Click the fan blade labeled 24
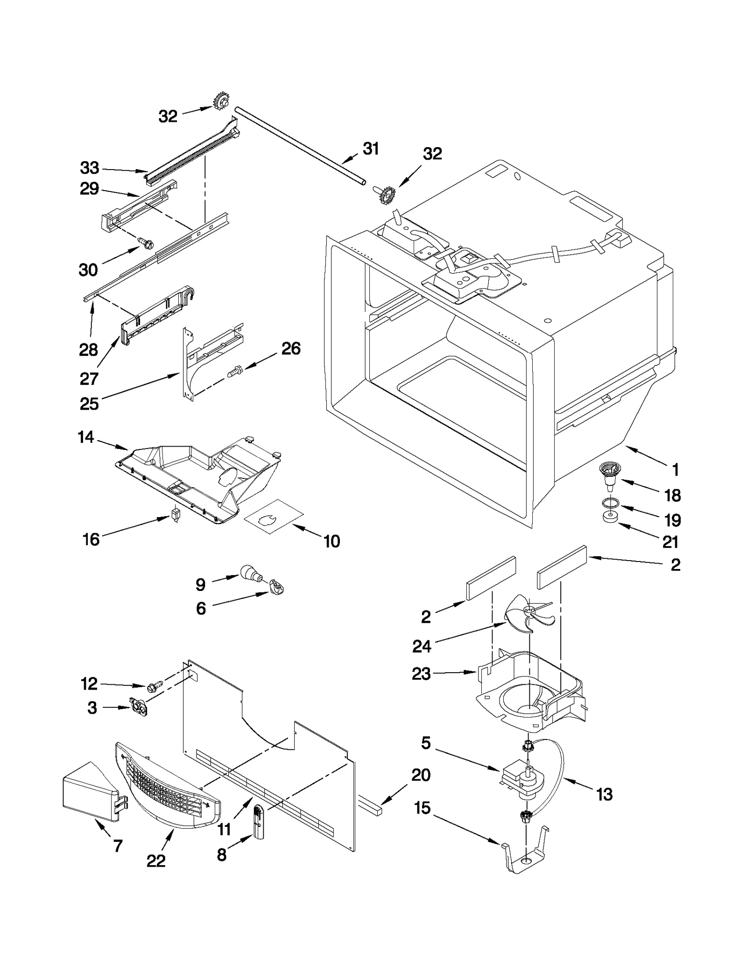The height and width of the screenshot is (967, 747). tap(530, 616)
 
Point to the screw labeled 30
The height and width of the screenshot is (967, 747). tap(146, 242)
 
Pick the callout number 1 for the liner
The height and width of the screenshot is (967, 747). tap(675, 469)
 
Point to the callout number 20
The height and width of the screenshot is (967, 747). tap(421, 775)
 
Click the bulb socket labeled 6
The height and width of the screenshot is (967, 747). tap(277, 587)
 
